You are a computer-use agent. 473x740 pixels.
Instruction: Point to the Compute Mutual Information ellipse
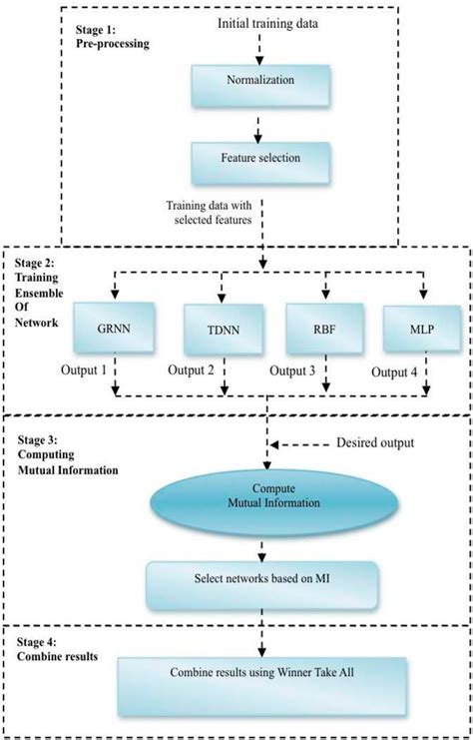click(263, 496)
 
